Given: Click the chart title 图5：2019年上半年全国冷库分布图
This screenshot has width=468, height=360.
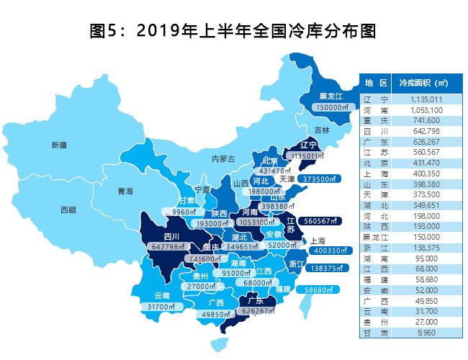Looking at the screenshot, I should point(233,31).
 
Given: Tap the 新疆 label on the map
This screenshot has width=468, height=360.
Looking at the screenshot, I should point(60,145).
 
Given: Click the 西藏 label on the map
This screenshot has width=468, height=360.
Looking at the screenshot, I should point(69,210).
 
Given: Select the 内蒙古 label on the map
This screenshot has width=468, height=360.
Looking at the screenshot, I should point(223,158).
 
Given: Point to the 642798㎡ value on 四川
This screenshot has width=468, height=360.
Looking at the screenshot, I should point(170,247).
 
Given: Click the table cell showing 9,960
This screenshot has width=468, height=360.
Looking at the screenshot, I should point(432,333).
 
